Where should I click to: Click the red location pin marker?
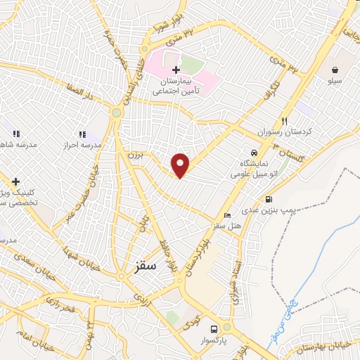(181, 165)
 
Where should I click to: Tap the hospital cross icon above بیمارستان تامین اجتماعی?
(176, 70)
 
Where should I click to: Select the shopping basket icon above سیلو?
(338, 70)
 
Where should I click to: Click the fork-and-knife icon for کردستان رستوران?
(285, 120)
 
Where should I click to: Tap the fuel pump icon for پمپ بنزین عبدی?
(269, 199)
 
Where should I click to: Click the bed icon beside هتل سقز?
(226, 215)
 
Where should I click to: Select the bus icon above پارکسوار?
(214, 328)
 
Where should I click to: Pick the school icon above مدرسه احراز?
(82, 134)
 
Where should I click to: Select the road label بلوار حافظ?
(171, 256)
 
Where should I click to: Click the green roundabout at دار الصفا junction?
(117, 112)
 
